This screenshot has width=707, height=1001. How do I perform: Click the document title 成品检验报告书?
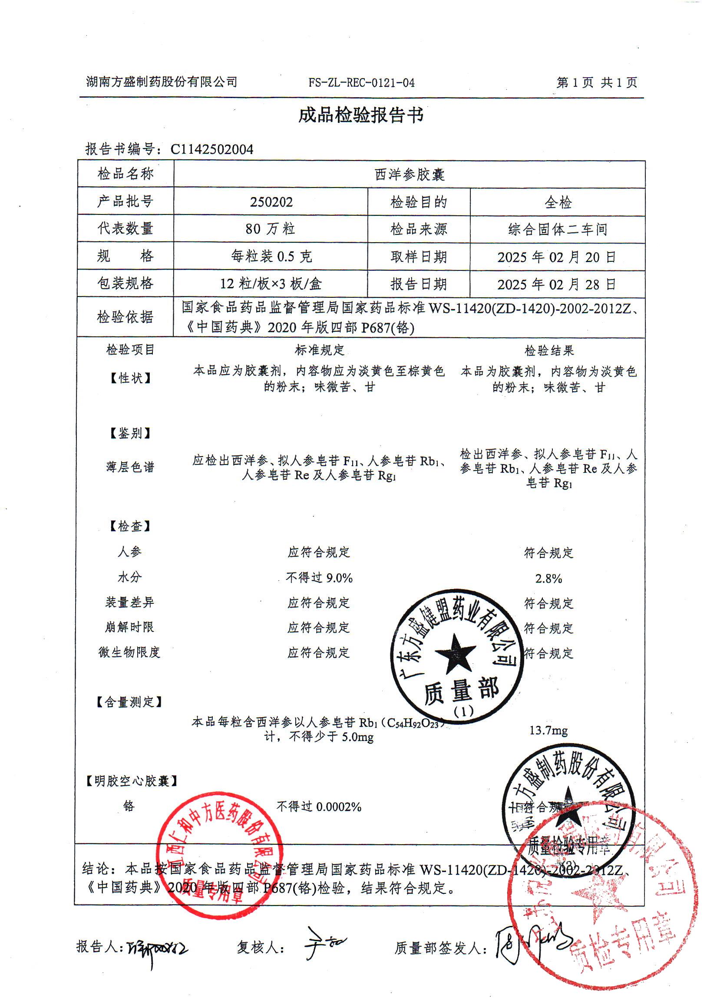361,115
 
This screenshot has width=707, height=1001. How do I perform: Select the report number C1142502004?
211,149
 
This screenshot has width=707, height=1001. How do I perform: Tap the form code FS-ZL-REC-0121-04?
361,82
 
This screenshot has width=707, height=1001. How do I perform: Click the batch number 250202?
271,202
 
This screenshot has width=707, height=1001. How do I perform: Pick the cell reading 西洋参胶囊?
409,175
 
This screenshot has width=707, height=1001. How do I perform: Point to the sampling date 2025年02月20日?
557,257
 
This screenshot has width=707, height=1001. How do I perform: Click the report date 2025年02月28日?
557,284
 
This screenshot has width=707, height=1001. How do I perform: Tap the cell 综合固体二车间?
558,229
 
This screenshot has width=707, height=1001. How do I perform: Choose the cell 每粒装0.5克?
271,257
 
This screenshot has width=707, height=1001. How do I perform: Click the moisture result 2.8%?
548,579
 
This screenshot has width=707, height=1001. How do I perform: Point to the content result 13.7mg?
548,730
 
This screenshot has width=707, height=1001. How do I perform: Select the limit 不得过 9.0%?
319,578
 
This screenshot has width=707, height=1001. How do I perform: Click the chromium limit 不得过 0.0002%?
319,807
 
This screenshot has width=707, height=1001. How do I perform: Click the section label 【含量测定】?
129,702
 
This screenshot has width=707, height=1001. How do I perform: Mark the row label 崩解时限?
129,627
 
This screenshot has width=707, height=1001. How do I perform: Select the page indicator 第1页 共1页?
596,82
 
